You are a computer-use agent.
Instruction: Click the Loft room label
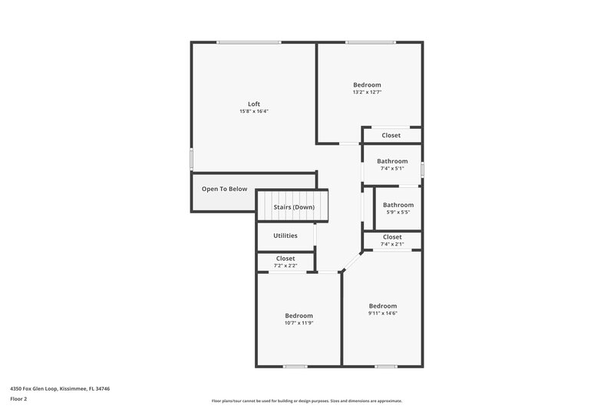click(x=253, y=104)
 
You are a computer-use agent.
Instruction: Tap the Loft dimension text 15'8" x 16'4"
click(x=253, y=111)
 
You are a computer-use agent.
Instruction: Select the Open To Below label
click(x=224, y=189)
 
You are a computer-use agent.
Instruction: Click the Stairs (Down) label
click(x=294, y=207)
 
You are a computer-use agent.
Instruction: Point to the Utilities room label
click(x=285, y=236)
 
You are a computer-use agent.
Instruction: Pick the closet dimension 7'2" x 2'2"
click(x=285, y=266)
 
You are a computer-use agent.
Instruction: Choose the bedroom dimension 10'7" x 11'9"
click(x=299, y=323)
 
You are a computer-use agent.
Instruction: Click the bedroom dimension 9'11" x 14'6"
click(x=382, y=313)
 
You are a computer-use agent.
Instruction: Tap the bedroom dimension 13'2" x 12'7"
click(x=367, y=92)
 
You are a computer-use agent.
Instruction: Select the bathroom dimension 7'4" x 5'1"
click(x=391, y=168)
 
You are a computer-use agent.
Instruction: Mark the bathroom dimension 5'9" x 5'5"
click(x=398, y=212)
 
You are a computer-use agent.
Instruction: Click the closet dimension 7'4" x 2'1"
click(x=391, y=244)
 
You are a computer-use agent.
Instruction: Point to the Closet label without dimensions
click(x=391, y=136)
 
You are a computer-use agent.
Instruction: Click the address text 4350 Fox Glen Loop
click(x=60, y=389)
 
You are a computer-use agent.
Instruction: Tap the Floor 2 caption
click(x=18, y=399)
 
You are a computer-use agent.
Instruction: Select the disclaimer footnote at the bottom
click(x=306, y=401)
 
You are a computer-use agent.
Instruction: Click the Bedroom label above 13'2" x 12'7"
click(x=367, y=84)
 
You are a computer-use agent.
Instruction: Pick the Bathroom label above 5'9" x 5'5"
click(x=398, y=205)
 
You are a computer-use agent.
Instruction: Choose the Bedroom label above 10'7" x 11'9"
click(x=299, y=315)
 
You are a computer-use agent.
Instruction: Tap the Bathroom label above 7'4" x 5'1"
click(x=392, y=161)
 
